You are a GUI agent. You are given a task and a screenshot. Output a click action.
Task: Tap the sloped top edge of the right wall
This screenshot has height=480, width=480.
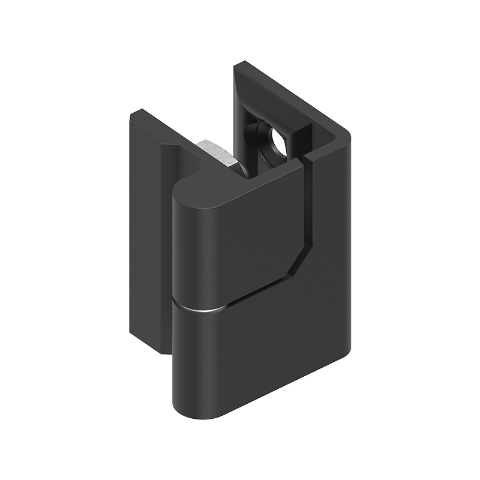click(294, 96)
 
